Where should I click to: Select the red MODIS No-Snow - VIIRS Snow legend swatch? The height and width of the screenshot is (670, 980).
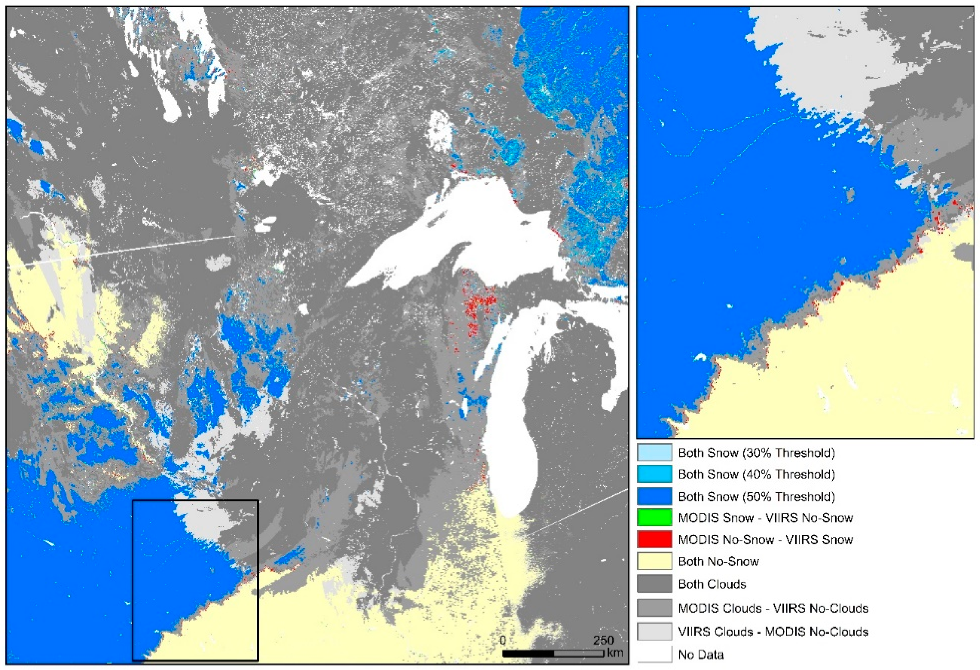tap(655, 539)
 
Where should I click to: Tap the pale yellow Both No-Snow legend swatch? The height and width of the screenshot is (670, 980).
tap(655, 561)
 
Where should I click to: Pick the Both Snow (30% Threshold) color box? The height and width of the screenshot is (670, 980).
tap(655, 453)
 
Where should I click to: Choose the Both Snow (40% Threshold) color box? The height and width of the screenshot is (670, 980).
tap(655, 474)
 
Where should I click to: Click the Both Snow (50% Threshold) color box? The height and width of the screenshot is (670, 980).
tap(655, 496)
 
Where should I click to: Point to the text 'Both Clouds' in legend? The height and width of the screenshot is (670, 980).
tap(712, 584)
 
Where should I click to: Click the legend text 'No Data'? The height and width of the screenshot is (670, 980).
tap(701, 654)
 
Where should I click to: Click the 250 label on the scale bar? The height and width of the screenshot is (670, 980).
tap(603, 640)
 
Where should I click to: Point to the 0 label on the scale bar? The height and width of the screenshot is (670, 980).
tap(503, 640)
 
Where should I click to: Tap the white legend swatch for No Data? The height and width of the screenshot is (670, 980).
tap(655, 654)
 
